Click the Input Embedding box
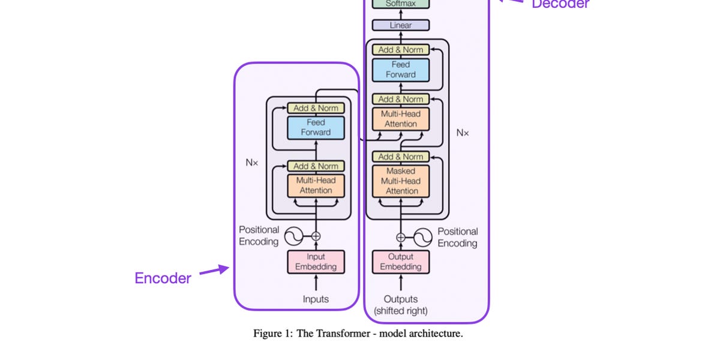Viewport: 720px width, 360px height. [x=316, y=262]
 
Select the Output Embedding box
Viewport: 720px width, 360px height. [x=401, y=262]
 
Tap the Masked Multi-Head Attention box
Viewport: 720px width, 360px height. [x=401, y=181]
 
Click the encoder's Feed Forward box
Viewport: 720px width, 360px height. [x=316, y=127]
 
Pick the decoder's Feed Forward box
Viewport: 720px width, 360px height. [x=401, y=70]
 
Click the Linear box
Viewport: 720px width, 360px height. [x=401, y=25]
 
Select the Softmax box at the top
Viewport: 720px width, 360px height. [x=401, y=4]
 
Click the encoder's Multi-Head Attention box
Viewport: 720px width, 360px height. [x=316, y=185]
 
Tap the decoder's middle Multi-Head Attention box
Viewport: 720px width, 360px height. [x=401, y=119]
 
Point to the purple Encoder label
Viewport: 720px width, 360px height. [x=163, y=278]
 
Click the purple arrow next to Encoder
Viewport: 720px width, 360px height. [x=214, y=271]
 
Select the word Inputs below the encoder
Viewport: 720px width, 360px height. [x=316, y=299]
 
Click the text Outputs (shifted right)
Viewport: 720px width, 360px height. [x=401, y=305]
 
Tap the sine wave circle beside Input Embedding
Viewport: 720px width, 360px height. [x=295, y=236]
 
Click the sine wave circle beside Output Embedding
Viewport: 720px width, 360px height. [x=422, y=237]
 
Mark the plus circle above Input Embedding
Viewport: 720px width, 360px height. [x=316, y=236]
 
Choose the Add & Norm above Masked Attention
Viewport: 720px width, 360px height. [x=401, y=157]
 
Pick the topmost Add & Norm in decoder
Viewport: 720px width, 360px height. [x=401, y=50]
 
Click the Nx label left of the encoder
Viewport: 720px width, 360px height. [x=251, y=163]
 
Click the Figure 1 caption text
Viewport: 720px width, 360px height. [x=358, y=334]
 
